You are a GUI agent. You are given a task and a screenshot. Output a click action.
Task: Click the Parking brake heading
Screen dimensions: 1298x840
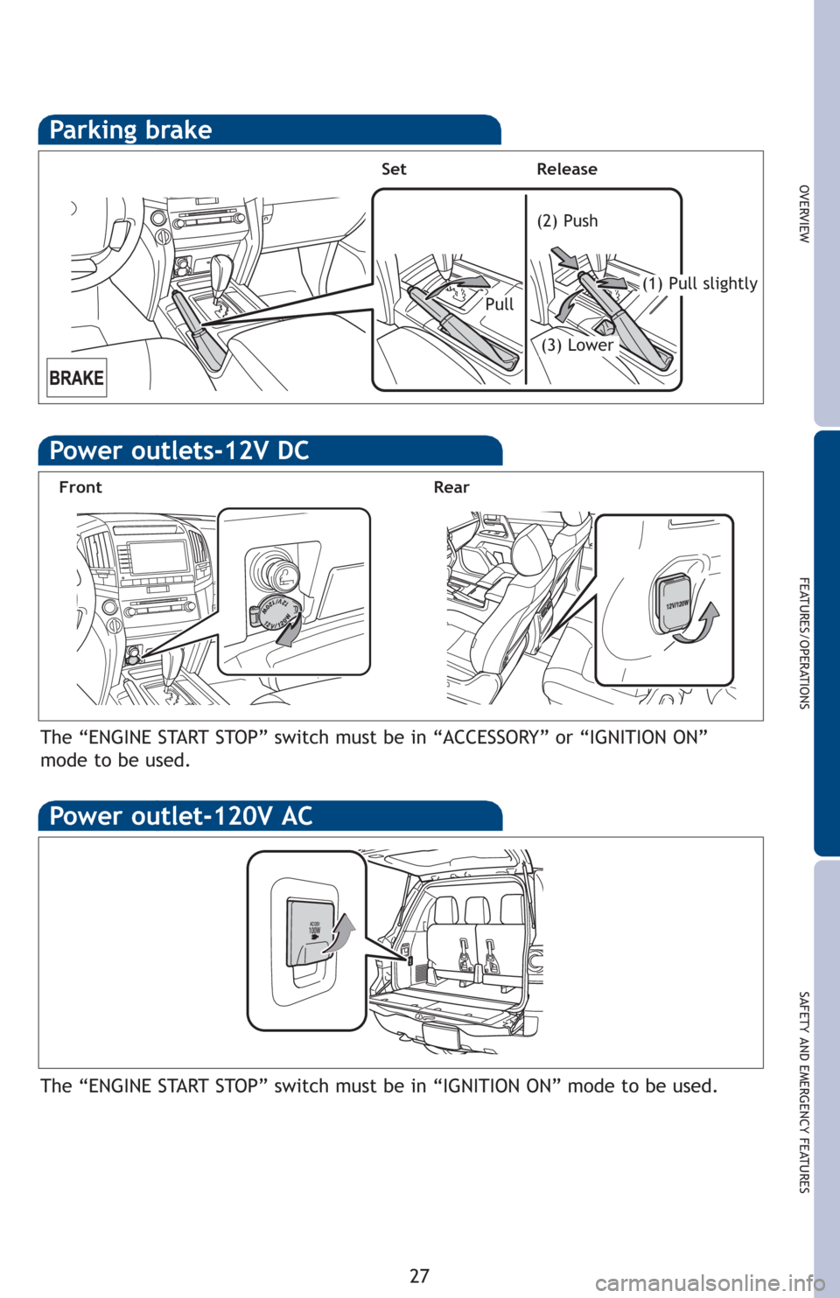(x=130, y=130)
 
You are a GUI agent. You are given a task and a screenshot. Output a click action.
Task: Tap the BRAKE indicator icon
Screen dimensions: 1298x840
(x=77, y=378)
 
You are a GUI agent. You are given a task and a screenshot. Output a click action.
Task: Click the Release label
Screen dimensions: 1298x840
(x=567, y=170)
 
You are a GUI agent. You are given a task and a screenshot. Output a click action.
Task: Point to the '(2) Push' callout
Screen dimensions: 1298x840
(x=567, y=221)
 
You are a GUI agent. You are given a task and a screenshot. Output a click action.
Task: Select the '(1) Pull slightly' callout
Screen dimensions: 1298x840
(x=699, y=283)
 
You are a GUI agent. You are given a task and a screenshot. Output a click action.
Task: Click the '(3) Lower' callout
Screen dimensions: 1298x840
(x=577, y=345)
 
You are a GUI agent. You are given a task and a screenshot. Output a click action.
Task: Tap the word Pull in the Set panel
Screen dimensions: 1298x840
(x=500, y=304)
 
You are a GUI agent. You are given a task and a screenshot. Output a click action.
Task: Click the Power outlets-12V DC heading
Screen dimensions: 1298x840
(x=179, y=451)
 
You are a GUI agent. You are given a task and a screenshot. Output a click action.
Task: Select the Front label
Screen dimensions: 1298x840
(x=80, y=487)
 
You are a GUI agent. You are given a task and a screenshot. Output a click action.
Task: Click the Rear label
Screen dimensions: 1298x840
(x=451, y=487)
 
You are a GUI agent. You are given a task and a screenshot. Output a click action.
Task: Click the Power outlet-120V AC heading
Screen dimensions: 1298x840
(x=181, y=816)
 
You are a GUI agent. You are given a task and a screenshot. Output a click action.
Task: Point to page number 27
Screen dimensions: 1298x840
(x=420, y=1275)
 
